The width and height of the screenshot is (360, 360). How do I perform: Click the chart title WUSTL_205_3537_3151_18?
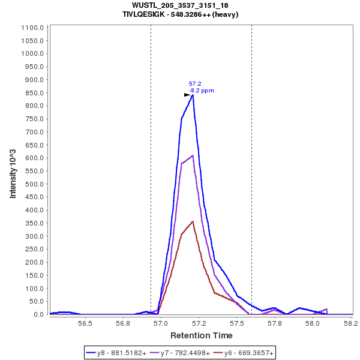pos(180,5)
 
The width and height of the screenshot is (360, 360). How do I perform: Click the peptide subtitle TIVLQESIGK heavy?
pos(180,14)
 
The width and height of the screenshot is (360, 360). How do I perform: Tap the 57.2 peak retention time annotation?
pos(195,83)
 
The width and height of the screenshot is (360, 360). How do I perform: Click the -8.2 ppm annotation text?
pos(202,91)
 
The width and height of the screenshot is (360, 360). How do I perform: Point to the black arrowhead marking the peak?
pos(187,95)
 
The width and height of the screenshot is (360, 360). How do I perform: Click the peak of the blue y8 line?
pos(193,95)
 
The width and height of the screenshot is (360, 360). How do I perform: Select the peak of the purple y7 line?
pos(193,155)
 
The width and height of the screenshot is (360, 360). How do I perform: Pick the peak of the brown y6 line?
pos(193,221)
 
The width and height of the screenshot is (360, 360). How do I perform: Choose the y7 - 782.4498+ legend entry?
pos(181,353)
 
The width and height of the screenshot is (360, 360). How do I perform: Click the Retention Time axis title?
pos(202,335)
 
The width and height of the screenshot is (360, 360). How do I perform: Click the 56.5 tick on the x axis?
pos(85,323)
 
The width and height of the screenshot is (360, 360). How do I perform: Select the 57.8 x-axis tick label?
pos(275,323)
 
